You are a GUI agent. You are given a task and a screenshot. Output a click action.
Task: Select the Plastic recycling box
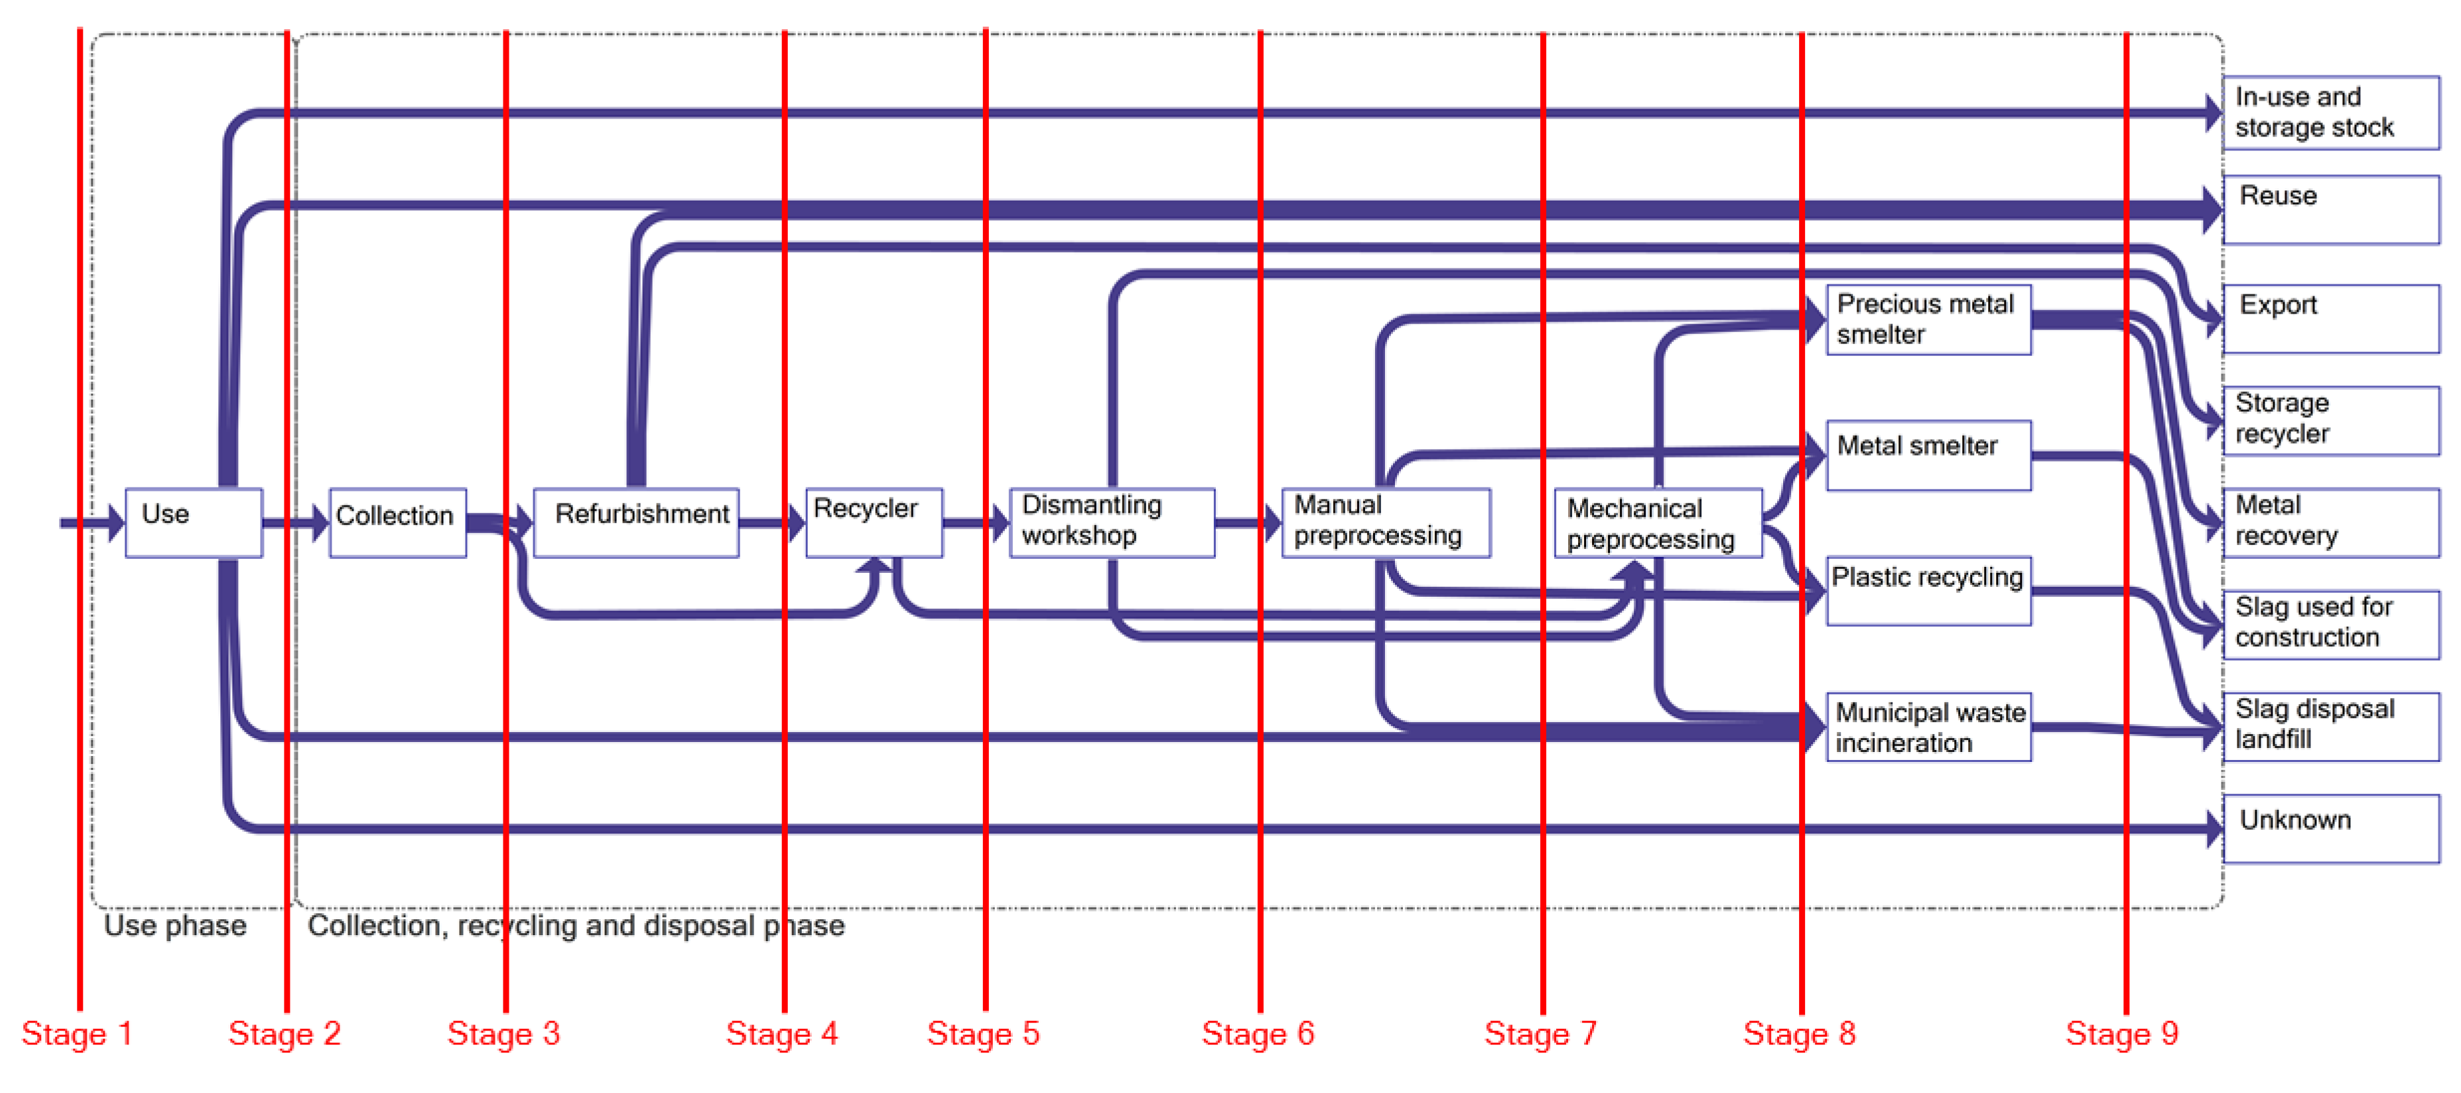(1928, 590)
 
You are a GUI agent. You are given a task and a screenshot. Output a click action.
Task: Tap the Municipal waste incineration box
(1928, 727)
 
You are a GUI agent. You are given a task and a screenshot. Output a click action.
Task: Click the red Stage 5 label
(982, 1034)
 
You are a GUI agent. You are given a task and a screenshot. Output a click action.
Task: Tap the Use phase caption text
(175, 925)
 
